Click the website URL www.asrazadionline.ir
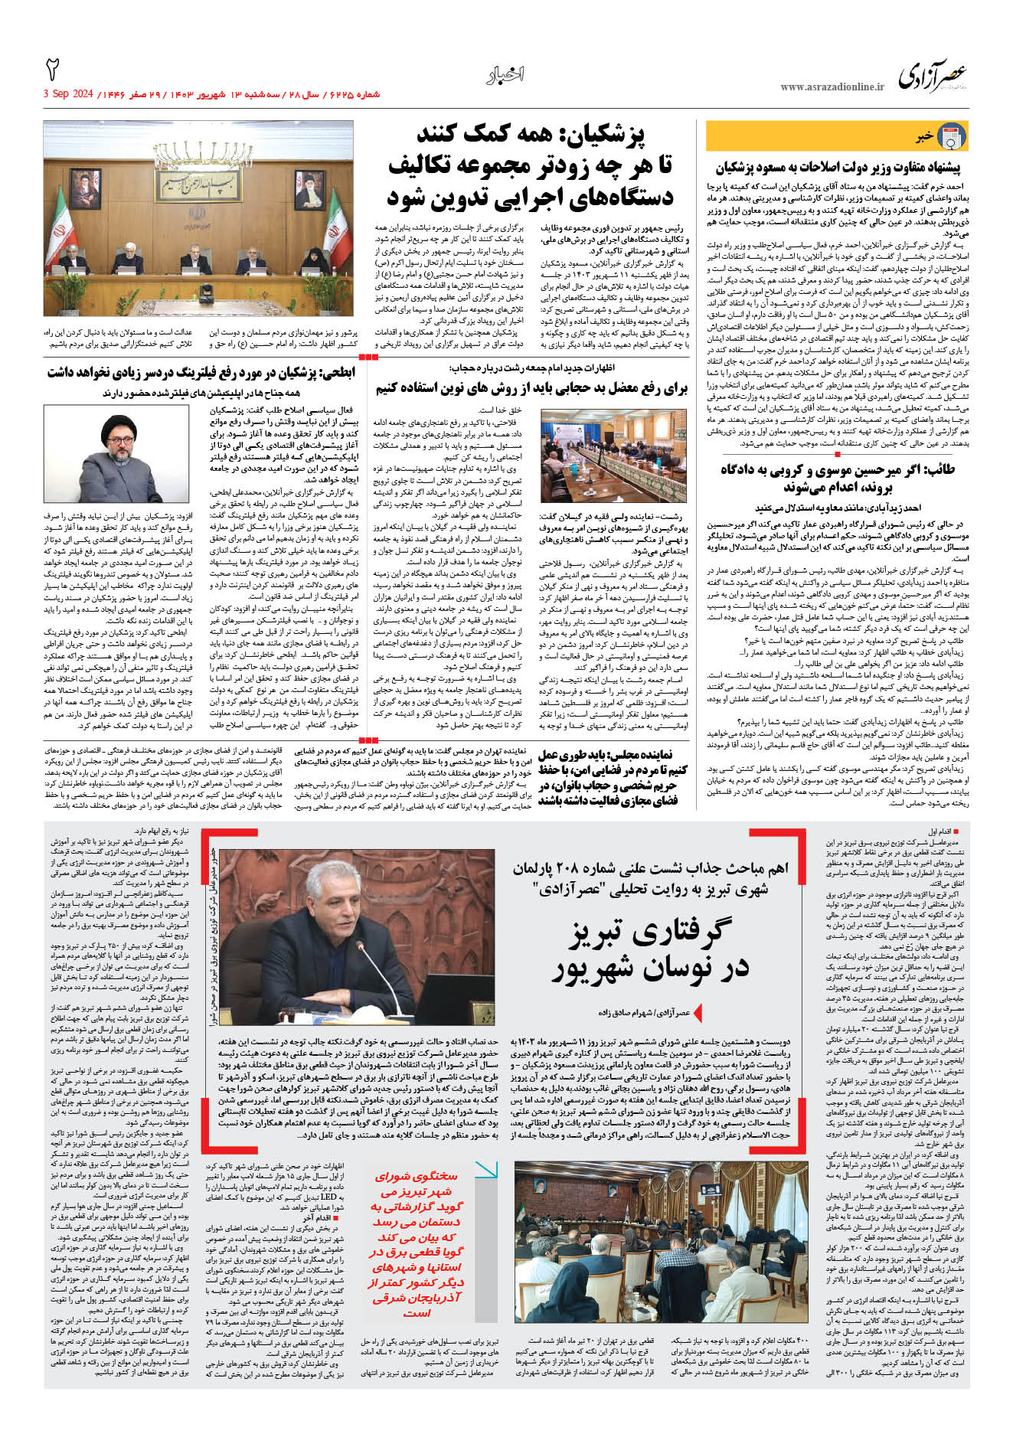point(832,87)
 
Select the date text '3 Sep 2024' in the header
point(68,94)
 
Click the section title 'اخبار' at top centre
point(505,75)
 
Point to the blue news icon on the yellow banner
point(952,136)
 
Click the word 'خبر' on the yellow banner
point(924,137)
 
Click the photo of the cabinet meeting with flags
point(199,218)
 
